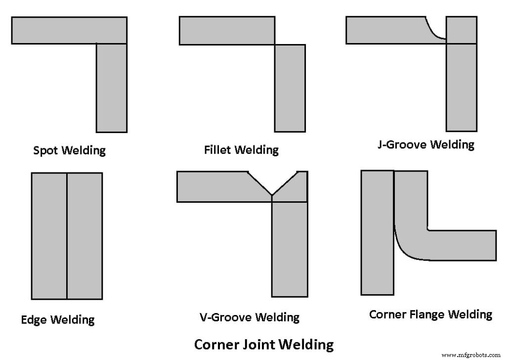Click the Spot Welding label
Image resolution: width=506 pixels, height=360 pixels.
[x=69, y=150]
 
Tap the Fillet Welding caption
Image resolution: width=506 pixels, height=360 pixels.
[x=241, y=149]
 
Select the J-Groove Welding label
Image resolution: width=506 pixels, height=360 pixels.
[x=425, y=145]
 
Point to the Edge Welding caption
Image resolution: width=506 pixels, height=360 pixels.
[x=57, y=320]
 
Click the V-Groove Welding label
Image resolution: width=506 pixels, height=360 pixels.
[x=249, y=317]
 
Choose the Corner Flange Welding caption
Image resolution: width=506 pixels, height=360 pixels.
[x=430, y=315]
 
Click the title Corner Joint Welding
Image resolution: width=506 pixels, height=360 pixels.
[x=263, y=344]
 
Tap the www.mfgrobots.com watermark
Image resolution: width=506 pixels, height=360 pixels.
[x=471, y=355]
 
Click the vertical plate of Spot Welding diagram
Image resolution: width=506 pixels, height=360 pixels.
[x=112, y=88]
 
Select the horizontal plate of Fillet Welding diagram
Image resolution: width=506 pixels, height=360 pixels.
[x=226, y=31]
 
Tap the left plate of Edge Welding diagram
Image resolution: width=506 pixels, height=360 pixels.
[x=49, y=236]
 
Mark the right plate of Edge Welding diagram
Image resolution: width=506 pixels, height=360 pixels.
[x=84, y=236]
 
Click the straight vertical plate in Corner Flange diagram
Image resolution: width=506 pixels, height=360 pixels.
[x=378, y=232]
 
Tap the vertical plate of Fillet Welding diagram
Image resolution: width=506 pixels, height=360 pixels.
[x=290, y=88]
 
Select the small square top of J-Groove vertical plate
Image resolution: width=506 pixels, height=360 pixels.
[x=462, y=30]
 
